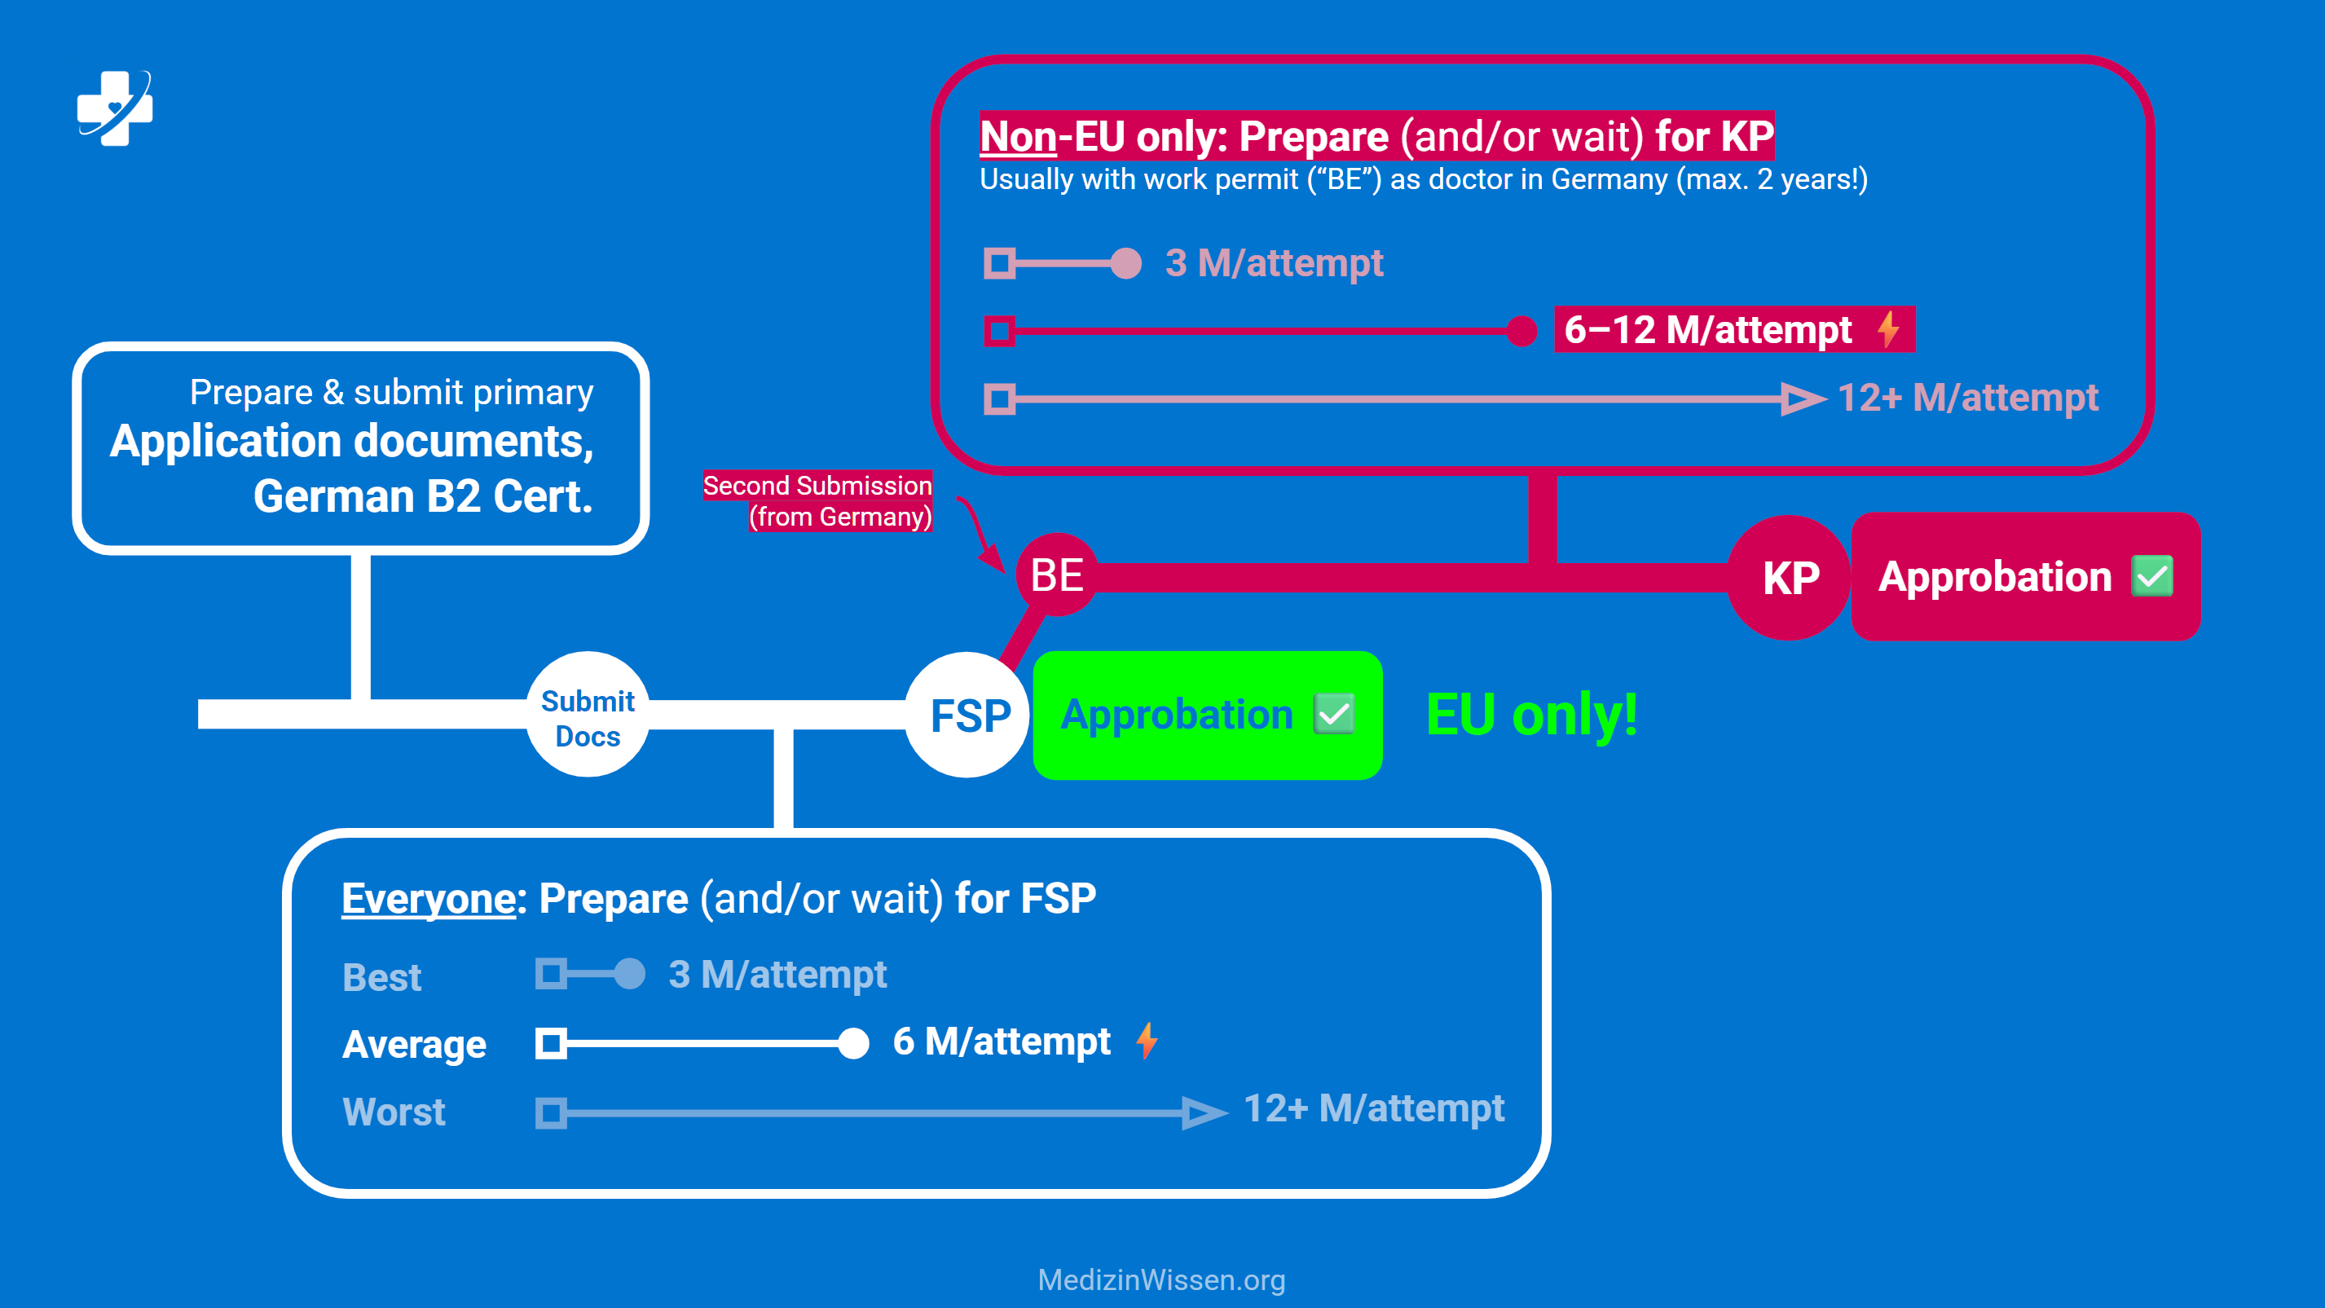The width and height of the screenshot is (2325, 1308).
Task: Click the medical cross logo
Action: coord(115,108)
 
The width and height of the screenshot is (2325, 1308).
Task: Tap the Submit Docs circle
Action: coord(588,716)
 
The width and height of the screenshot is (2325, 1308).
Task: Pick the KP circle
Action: coord(1790,578)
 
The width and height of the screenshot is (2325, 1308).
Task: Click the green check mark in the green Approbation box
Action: coord(1334,715)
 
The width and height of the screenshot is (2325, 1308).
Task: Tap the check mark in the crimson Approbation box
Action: coord(2151,576)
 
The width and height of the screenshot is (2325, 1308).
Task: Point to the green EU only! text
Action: coord(1531,715)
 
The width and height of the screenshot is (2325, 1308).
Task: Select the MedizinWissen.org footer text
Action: coord(1161,1279)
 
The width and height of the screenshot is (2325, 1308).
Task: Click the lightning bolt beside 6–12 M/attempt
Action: coord(1887,328)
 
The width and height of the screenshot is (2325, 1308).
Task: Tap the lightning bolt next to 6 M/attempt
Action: coord(1147,1041)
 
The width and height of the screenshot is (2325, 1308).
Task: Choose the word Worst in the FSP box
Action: coord(394,1112)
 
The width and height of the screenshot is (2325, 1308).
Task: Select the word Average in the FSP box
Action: coord(414,1045)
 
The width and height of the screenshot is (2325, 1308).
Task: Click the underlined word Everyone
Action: coord(429,899)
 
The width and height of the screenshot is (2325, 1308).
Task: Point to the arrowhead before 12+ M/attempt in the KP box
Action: coord(1802,398)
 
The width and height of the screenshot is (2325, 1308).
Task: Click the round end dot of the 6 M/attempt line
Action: coord(853,1043)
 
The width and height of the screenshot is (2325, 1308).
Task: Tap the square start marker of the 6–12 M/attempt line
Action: coord(999,330)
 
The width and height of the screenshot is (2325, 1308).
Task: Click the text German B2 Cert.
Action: coord(422,496)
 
